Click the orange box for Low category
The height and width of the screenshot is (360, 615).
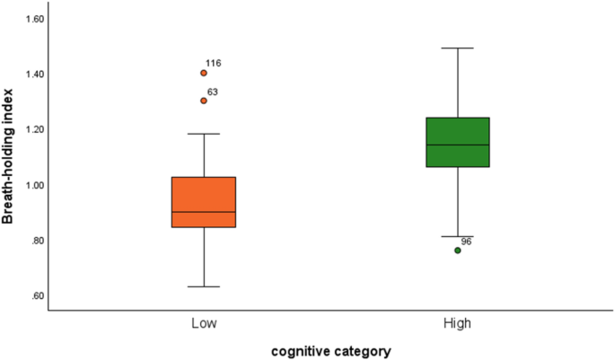pos(204,201)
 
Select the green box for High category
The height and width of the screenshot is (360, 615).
pos(457,142)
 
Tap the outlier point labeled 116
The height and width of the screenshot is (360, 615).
pos(204,73)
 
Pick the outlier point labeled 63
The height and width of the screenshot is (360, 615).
pos(204,101)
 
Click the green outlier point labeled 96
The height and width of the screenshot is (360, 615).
pos(458,250)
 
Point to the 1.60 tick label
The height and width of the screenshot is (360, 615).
pos(32,19)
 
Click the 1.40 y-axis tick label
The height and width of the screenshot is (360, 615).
pos(32,74)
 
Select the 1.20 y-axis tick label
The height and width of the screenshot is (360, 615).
pos(32,129)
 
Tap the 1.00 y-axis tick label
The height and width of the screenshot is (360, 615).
pos(32,185)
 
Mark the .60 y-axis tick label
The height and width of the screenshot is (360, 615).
pos(35,296)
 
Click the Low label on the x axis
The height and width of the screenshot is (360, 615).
pos(203,322)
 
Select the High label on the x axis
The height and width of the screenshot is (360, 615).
pos(457,322)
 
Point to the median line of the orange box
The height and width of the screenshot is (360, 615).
pos(204,212)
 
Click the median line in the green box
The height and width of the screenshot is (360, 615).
pos(457,145)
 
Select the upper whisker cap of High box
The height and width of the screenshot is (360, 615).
pos(457,48)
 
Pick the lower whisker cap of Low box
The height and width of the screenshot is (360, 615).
pos(204,286)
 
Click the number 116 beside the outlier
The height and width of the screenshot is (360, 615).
pos(214,64)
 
